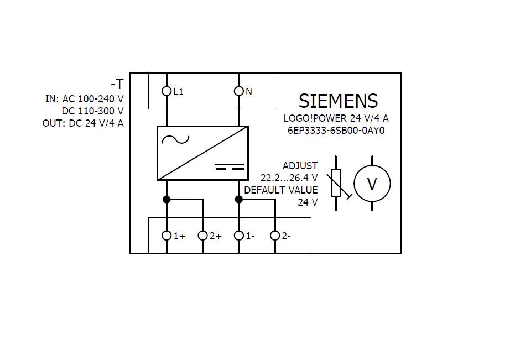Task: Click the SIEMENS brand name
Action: pos(338,101)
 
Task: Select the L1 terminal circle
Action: pos(166,91)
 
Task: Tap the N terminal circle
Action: pos(239,91)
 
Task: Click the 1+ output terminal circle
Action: pos(166,236)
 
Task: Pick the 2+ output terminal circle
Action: pos(203,236)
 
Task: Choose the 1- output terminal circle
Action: pos(239,236)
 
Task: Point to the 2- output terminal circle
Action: pos(275,236)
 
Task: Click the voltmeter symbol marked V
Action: pos(372,184)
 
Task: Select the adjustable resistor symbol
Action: pos(336,183)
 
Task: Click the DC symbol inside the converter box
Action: pos(229,166)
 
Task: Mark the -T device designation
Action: pos(117,85)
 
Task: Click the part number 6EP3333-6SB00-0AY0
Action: pos(335,131)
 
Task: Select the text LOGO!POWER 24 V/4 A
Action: pos(336,118)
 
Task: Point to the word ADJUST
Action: pos(300,166)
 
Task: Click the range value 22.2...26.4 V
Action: pos(289,178)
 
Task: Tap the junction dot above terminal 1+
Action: pos(166,199)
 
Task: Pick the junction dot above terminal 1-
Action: pos(239,199)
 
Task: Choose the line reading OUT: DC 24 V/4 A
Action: pos(83,123)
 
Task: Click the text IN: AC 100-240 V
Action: pos(84,99)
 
